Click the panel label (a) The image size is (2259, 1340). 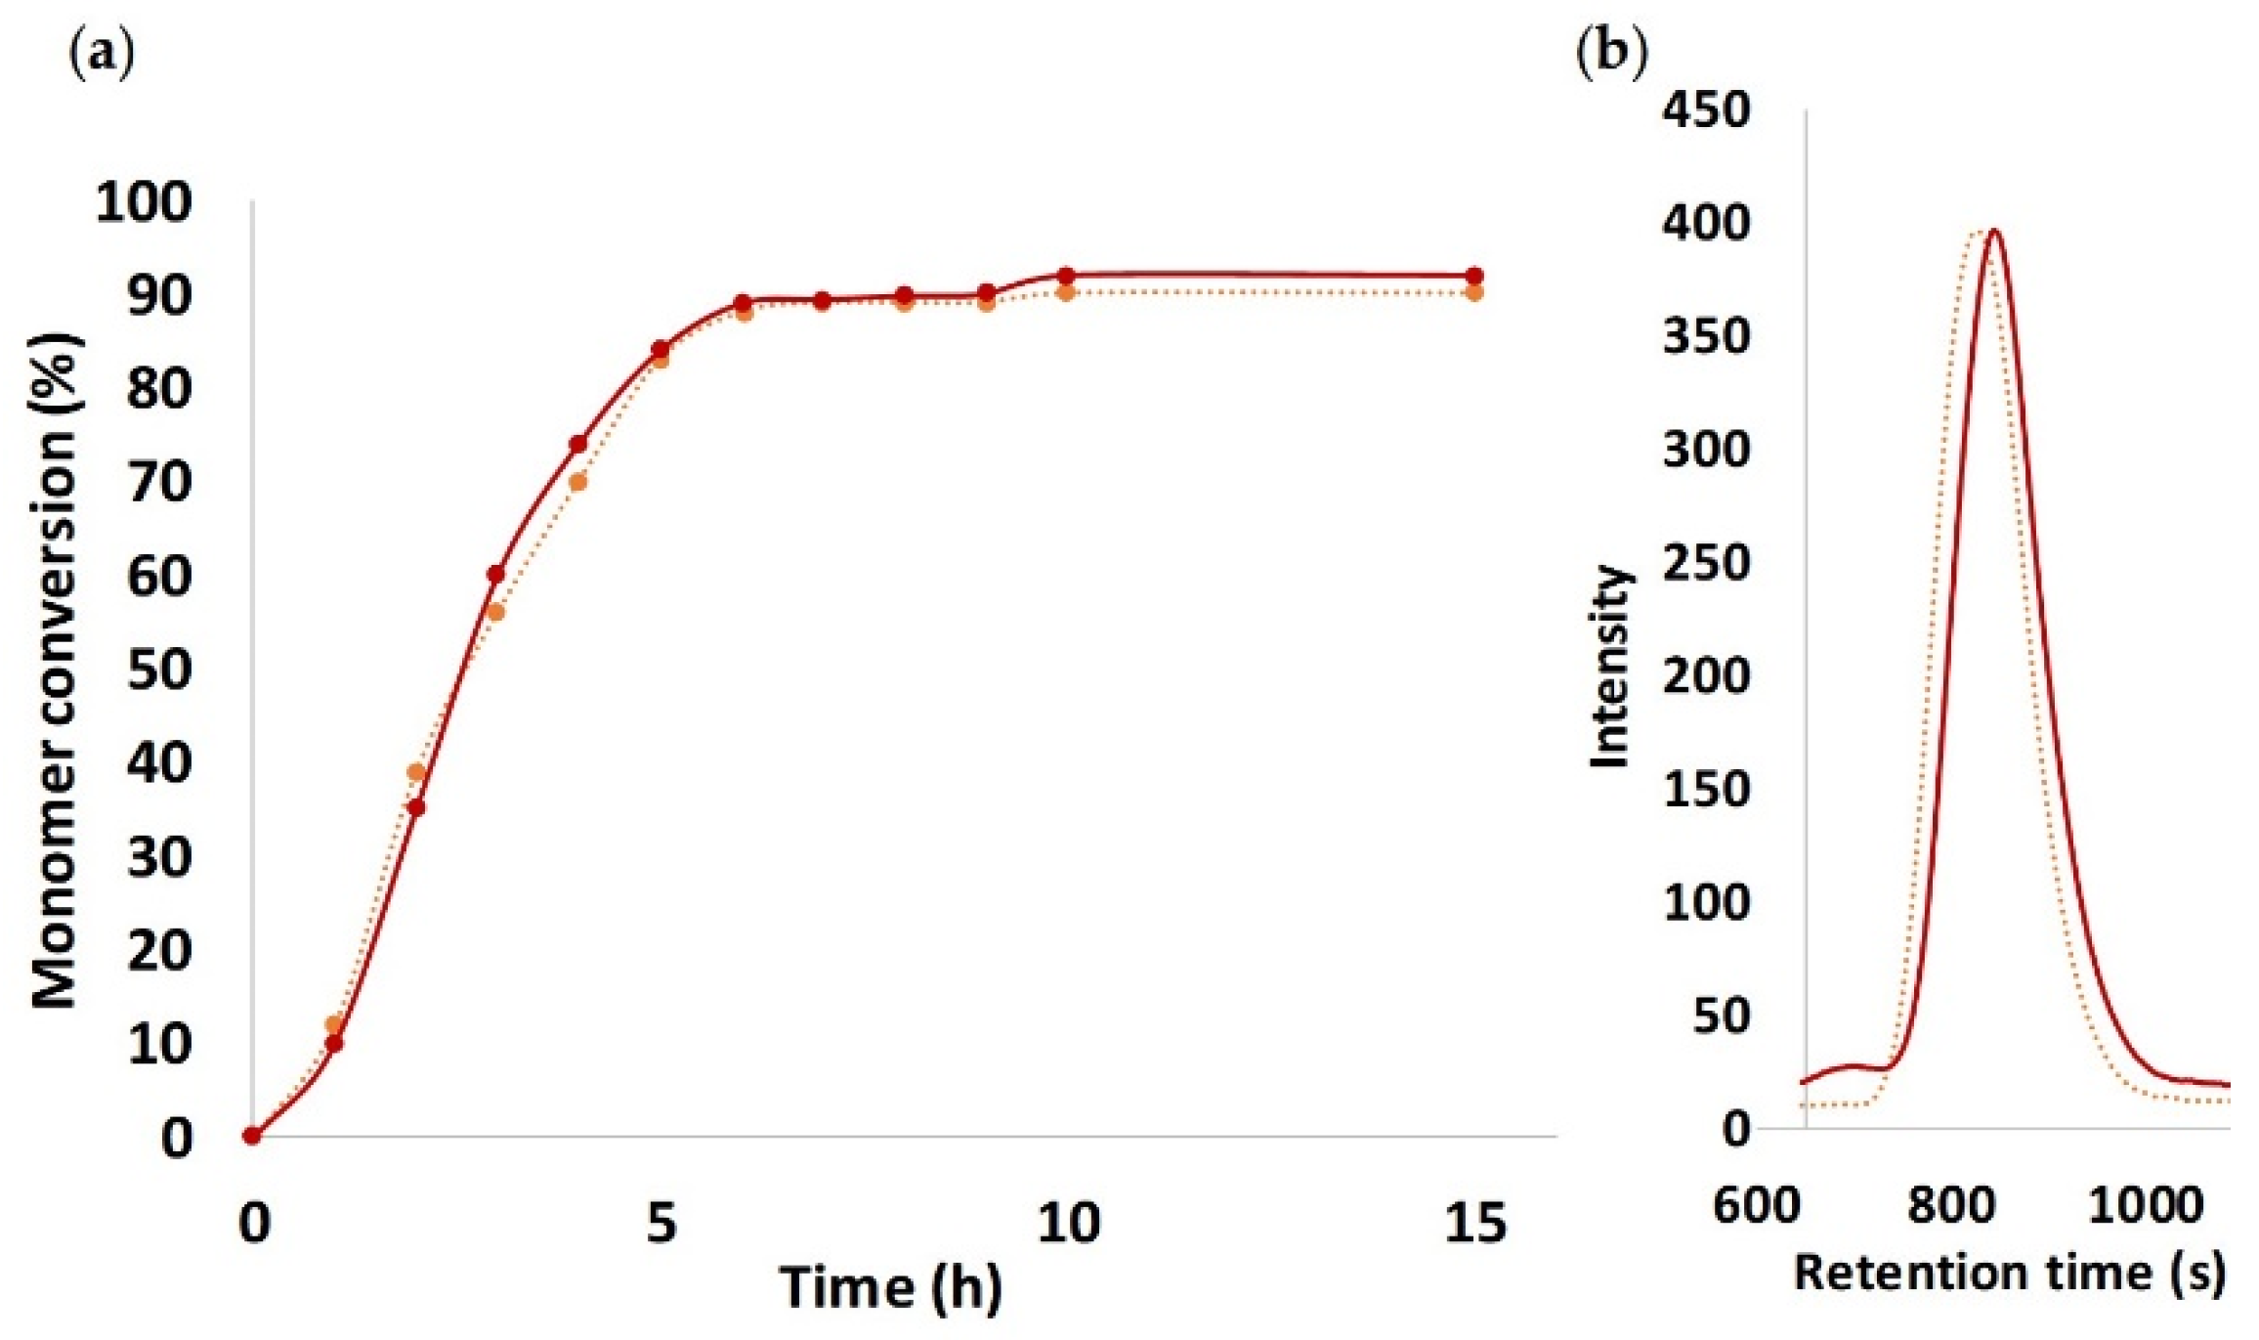point(101,58)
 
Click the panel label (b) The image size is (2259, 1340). point(1611,51)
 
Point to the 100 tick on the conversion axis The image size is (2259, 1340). point(144,203)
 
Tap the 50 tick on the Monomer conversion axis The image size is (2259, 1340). point(158,670)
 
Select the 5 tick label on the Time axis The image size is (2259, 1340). point(661,1223)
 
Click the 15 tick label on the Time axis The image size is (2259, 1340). point(1475,1223)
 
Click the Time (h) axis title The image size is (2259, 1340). point(890,1287)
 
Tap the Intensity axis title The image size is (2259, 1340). point(1609,667)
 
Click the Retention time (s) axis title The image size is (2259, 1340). point(2010,1273)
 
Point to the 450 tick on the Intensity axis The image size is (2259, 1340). point(1706,110)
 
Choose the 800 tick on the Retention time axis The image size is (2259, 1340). point(1951,1204)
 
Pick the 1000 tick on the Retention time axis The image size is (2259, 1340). point(2146,1204)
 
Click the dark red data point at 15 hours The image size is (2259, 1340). point(1474,276)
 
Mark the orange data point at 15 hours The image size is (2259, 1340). point(1474,293)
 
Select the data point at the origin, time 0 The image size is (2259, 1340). point(252,1136)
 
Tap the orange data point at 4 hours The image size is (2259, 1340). point(577,482)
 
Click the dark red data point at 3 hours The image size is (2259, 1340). point(496,574)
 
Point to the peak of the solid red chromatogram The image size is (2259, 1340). point(1992,231)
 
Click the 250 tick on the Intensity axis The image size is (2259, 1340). point(1706,564)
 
